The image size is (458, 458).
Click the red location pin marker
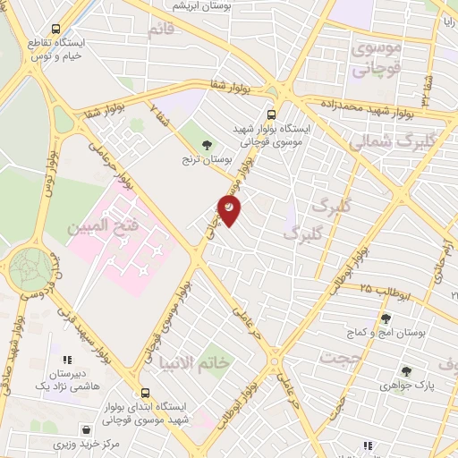click(x=230, y=208)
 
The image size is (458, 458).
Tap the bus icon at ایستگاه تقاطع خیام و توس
click(x=57, y=29)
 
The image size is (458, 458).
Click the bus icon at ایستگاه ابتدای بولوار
click(x=145, y=392)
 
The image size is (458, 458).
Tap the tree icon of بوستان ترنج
click(x=208, y=143)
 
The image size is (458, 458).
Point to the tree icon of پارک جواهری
click(x=407, y=371)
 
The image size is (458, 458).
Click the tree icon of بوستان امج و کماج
click(x=386, y=318)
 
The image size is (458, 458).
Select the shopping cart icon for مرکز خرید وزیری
click(x=86, y=429)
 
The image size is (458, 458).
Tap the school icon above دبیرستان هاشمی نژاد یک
click(x=67, y=360)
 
